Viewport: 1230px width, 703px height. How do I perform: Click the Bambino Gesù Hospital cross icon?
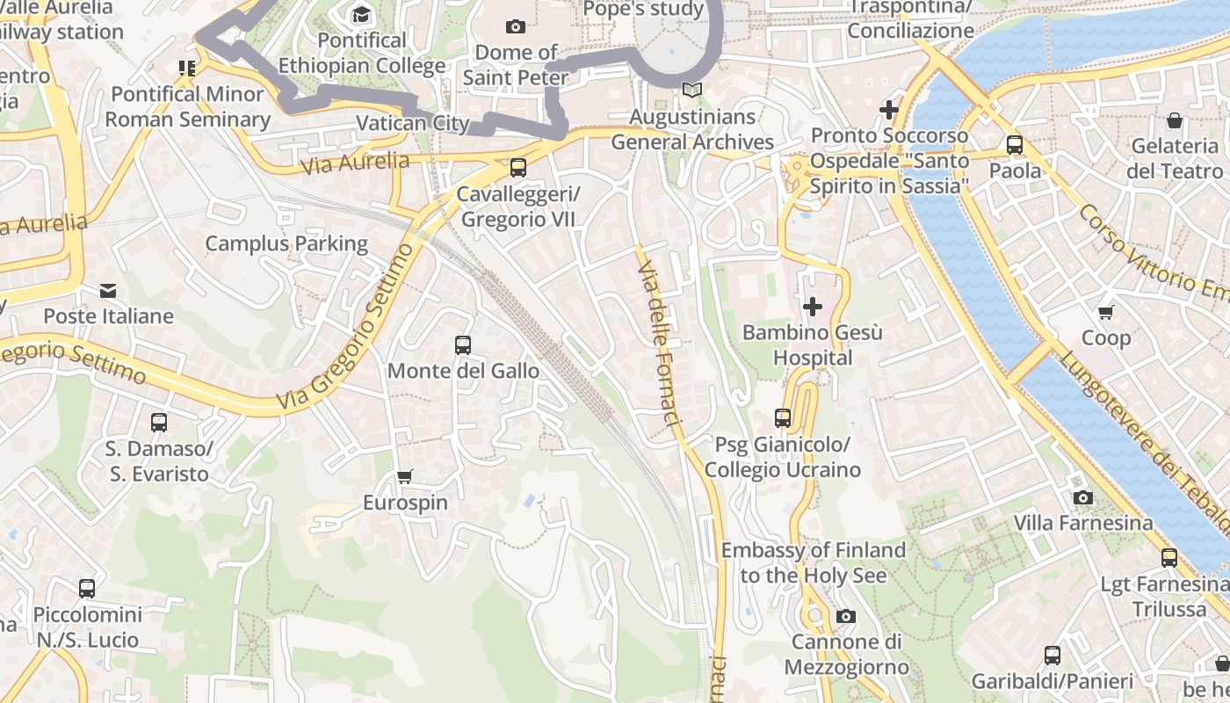coord(813,307)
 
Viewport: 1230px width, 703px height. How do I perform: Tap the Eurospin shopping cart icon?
coord(405,477)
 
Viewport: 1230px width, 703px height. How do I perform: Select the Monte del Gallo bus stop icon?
coord(463,345)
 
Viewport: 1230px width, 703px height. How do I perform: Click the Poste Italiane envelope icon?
coord(108,291)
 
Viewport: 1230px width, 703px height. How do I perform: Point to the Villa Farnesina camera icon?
coord(1083,497)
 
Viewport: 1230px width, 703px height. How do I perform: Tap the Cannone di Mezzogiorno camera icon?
coord(845,616)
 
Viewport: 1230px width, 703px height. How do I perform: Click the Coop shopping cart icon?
coord(1105,312)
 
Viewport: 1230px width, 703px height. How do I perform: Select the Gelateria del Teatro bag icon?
coord(1175,120)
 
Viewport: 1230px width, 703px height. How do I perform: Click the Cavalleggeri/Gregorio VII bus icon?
coord(518,167)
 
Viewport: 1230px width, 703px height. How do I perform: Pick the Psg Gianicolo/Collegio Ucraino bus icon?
coord(783,418)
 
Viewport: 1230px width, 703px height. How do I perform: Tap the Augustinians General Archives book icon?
coord(692,91)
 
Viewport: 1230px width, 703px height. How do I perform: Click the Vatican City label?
coord(413,123)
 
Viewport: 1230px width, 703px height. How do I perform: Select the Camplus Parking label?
coord(286,243)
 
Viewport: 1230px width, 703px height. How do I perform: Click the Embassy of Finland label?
coord(813,562)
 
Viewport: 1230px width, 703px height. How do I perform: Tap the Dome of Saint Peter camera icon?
coord(516,27)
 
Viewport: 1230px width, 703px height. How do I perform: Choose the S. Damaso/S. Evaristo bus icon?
coord(159,423)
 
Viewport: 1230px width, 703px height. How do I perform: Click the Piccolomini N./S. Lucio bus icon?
coord(87,589)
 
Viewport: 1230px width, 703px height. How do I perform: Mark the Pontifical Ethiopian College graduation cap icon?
coord(361,15)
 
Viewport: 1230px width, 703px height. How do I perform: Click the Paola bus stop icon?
coord(1015,145)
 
